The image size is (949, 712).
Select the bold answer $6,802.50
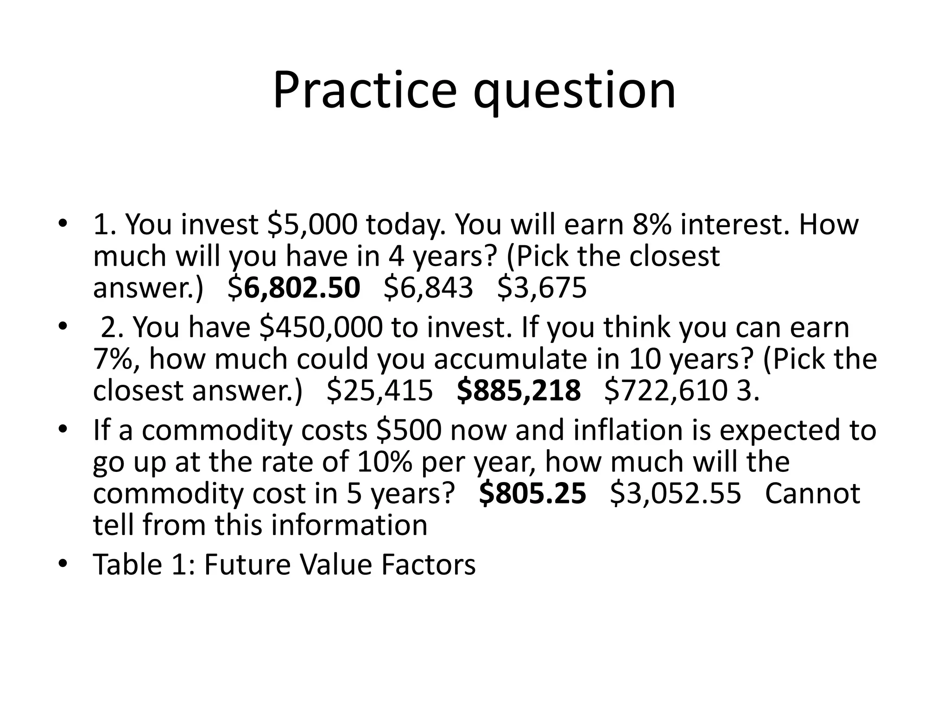[294, 287]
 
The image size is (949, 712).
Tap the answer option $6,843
[429, 287]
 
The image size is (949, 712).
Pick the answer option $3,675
[542, 287]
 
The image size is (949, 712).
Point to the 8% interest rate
[652, 224]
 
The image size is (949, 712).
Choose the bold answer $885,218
[519, 391]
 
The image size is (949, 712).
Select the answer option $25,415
[380, 391]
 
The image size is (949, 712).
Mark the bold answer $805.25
[532, 493]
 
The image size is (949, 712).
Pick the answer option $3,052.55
[676, 493]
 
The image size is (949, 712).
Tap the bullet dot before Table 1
[63, 564]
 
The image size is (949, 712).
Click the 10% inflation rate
[385, 462]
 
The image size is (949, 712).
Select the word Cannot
[812, 493]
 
